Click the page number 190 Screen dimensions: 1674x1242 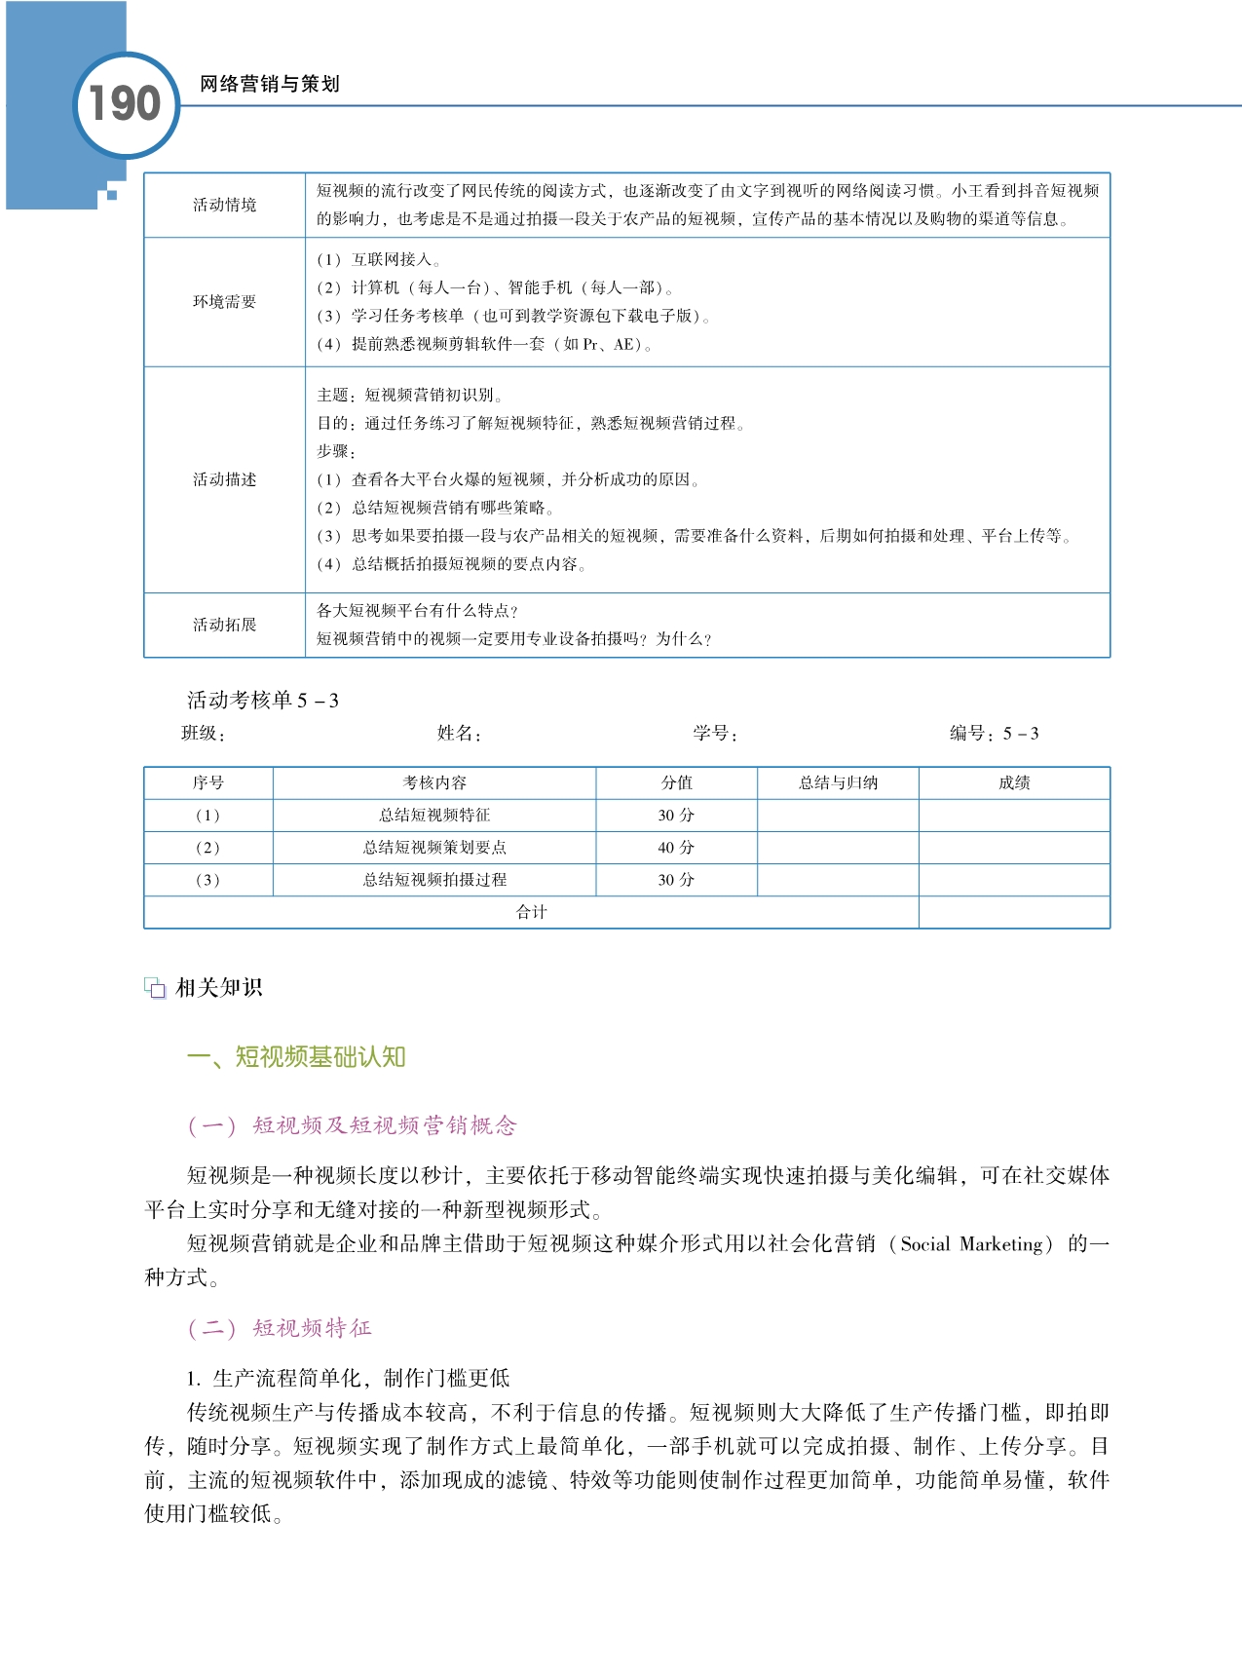[125, 104]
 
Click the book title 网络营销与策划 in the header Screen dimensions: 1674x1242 [269, 84]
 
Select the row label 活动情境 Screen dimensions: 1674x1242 [224, 205]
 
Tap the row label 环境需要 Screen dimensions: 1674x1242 [224, 302]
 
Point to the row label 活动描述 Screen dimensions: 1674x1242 [224, 479]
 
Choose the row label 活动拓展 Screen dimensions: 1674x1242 [224, 625]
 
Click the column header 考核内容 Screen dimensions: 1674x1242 [434, 782]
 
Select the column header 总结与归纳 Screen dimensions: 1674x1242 [838, 782]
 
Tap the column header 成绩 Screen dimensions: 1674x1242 [1014, 782]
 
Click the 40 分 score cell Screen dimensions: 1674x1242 [676, 848]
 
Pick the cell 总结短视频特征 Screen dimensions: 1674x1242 [434, 815]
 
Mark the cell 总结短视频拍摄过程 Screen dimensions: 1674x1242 [434, 880]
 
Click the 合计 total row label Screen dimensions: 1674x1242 [531, 912]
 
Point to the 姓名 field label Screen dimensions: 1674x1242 [458, 734]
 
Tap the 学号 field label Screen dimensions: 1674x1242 [714, 734]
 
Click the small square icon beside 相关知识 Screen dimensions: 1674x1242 [155, 988]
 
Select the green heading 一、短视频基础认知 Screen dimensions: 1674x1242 [296, 1057]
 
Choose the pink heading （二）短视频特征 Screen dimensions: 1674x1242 [280, 1328]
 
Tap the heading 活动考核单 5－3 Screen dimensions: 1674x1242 [263, 701]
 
